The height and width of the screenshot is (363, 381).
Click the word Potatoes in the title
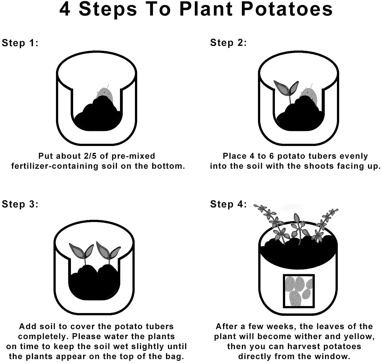pos(287,9)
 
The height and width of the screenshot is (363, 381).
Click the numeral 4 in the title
pos(65,9)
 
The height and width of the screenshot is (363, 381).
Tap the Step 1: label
pos(20,43)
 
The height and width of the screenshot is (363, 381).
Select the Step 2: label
pos(228,43)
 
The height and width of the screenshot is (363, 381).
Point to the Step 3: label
pos(20,204)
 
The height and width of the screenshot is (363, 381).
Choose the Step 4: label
pos(228,204)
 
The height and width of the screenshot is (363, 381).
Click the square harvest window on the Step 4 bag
pos(299,291)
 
